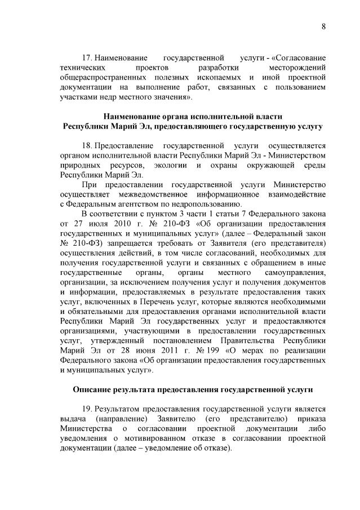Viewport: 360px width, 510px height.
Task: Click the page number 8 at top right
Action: click(x=324, y=26)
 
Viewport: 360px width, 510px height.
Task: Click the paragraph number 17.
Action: click(x=87, y=57)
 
